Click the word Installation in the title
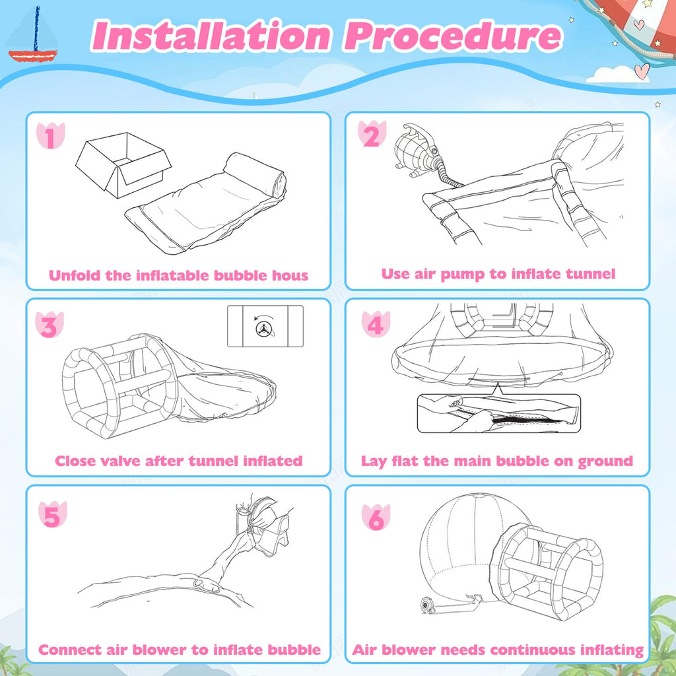point(211,36)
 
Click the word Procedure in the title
point(453,36)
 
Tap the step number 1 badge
point(50,136)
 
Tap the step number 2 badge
point(372,134)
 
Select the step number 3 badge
point(50,325)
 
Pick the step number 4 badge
point(376,324)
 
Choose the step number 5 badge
point(53,514)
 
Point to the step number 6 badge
point(376,517)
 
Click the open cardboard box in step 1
point(123,164)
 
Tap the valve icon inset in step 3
point(265,326)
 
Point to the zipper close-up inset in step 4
point(499,413)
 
